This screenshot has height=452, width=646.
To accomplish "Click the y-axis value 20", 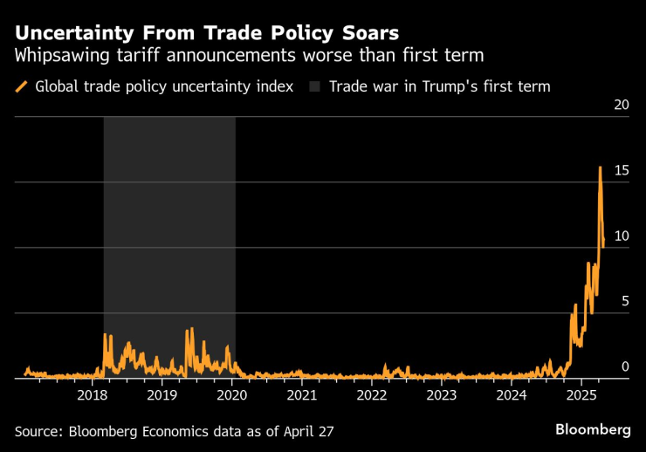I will (622, 105).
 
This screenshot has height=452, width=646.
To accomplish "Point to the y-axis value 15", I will (622, 170).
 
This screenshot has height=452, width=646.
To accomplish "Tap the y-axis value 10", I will (622, 236).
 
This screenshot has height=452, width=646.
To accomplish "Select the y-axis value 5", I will (625, 301).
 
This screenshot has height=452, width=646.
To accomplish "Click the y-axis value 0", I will (625, 366).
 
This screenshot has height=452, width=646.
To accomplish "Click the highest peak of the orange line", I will (600, 167).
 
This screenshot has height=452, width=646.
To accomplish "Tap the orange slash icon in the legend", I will (21, 86).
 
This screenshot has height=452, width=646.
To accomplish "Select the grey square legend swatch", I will (314, 86).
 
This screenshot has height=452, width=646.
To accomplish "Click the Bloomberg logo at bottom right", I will (593, 430).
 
